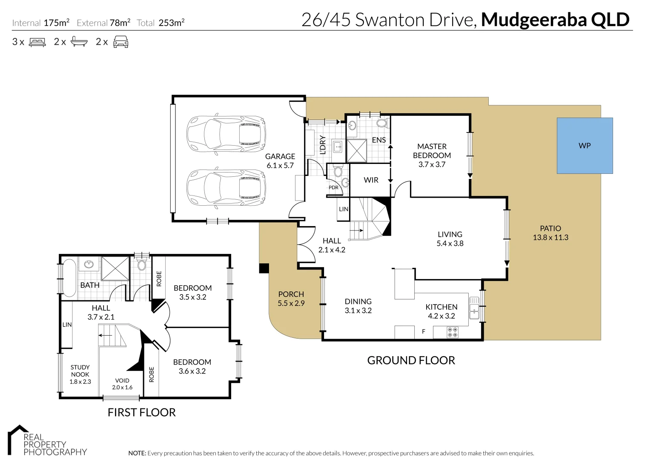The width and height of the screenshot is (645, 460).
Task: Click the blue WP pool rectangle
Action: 585,146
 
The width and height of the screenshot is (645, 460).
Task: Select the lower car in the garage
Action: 226,188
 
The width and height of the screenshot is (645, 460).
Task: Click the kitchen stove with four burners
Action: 452,332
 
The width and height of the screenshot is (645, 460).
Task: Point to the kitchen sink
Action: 474,308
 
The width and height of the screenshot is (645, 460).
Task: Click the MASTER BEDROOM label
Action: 432,151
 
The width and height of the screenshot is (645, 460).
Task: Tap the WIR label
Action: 371,180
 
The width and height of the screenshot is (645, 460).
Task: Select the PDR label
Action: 333,187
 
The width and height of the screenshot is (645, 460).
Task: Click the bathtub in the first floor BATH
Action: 69,278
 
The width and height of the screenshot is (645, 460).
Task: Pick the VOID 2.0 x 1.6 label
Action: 122,384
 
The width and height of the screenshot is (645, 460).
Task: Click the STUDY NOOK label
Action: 80,371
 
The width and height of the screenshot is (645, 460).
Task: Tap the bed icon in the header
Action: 37,42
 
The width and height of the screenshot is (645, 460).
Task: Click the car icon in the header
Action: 120,42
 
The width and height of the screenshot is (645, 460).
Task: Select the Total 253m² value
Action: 171,23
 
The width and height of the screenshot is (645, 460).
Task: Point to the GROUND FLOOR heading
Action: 411,360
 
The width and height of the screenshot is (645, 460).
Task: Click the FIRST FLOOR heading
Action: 141,412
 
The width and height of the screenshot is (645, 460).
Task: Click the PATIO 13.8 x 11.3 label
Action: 550,233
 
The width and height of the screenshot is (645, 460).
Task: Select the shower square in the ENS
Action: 357,151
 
